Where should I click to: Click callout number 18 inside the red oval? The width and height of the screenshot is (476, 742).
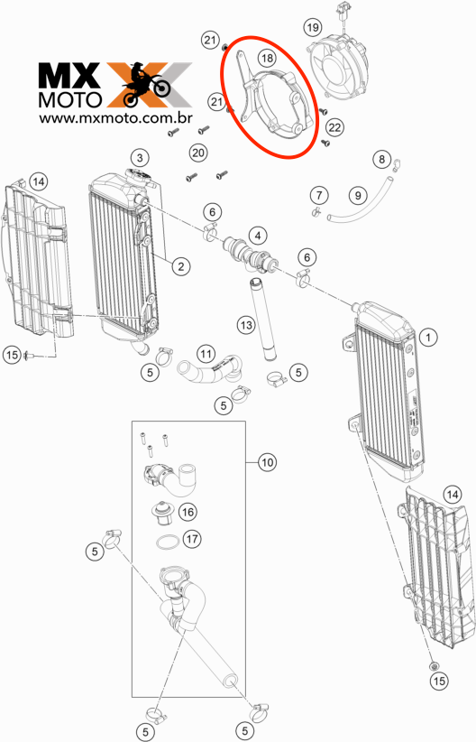(x=267, y=58)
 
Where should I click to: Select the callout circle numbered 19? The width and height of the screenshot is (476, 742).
(x=313, y=27)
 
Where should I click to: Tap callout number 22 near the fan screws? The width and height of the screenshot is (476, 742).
(x=334, y=127)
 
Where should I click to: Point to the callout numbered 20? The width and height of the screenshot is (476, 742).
(x=198, y=153)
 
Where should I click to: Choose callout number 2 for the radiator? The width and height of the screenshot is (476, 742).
(x=181, y=266)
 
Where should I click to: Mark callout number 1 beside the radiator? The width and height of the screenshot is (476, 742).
(x=428, y=337)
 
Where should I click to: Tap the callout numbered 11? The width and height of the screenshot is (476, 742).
(x=206, y=354)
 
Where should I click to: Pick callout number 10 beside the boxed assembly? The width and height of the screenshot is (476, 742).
(x=268, y=461)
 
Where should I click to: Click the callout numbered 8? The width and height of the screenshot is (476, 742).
(x=382, y=159)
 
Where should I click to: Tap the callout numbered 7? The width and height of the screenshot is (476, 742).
(x=319, y=194)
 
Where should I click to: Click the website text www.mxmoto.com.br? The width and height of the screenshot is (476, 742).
(x=115, y=118)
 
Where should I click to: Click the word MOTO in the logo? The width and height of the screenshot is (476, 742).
(x=70, y=99)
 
